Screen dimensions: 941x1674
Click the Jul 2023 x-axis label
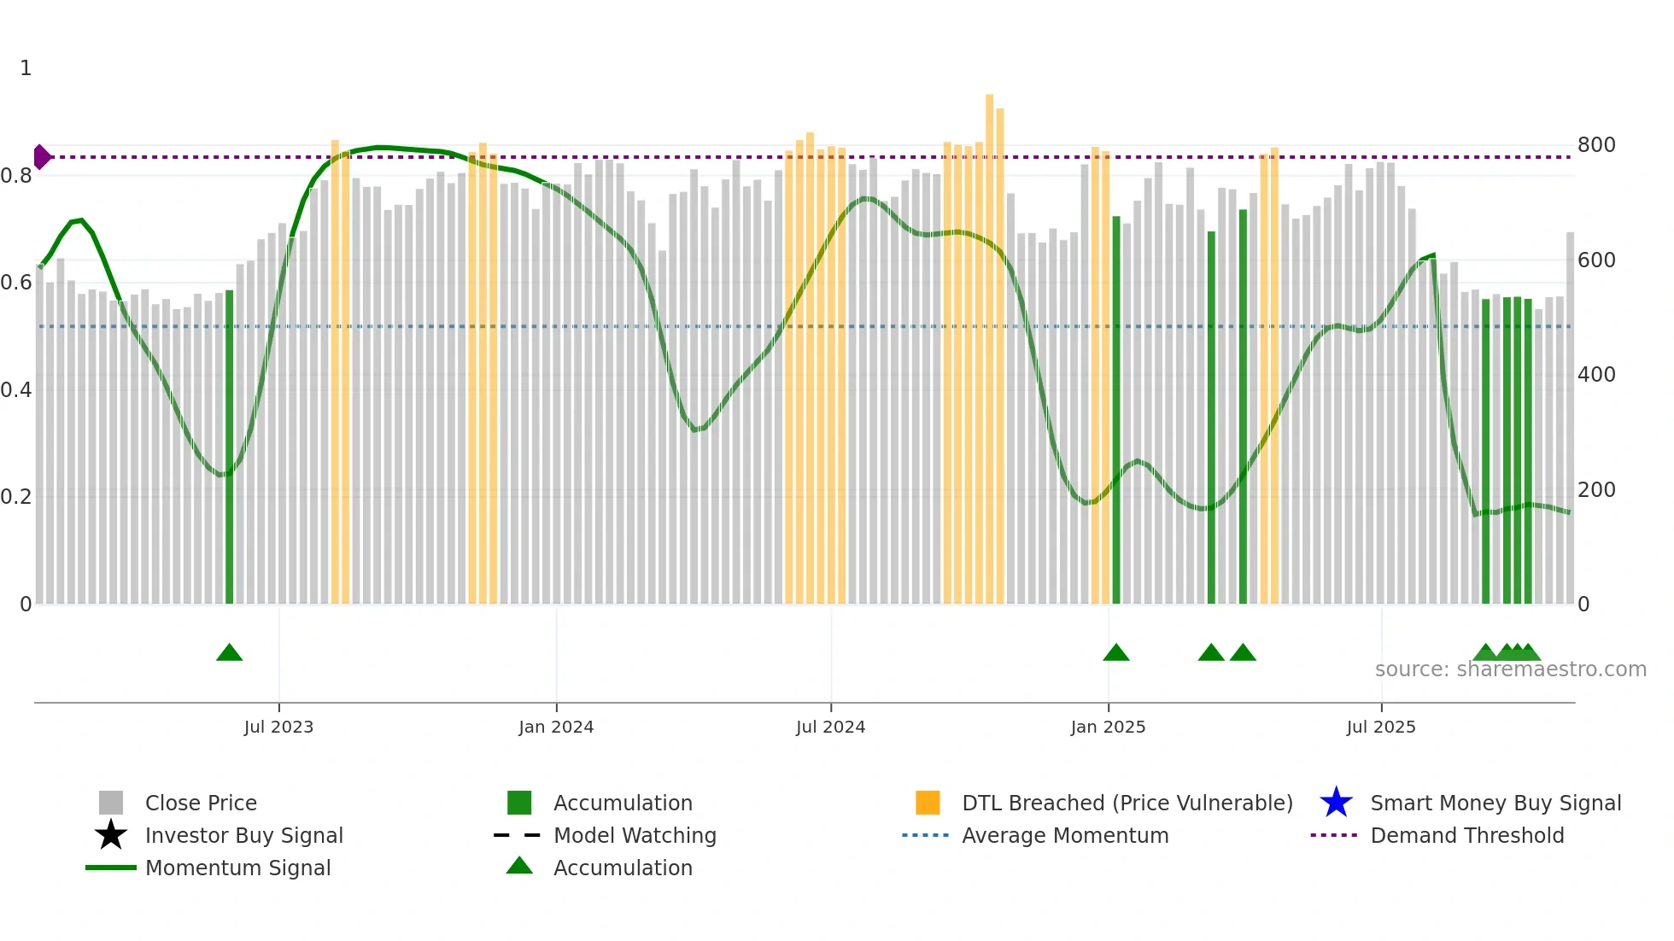[x=278, y=727]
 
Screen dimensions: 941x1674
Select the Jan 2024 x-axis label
[x=556, y=727]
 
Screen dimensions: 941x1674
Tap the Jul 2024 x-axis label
[x=830, y=727]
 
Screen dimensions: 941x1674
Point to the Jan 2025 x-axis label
[x=1108, y=727]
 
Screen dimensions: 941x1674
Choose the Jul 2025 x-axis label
[x=1381, y=727]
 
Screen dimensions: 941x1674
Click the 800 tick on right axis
[x=1596, y=145]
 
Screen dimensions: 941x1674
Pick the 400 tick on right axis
[x=1596, y=375]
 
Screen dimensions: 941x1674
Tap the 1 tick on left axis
[x=26, y=68]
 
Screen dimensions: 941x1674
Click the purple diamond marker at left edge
[x=41, y=157]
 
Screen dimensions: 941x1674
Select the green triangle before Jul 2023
[x=230, y=653]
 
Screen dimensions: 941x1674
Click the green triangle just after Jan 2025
[x=1116, y=653]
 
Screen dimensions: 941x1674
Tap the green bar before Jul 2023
[x=229, y=444]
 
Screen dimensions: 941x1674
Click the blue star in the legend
[x=1336, y=803]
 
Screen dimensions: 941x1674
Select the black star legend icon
[x=111, y=835]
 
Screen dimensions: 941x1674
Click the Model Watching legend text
[x=635, y=835]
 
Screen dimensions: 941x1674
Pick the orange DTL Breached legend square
[x=928, y=803]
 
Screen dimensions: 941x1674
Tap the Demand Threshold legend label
[x=1466, y=835]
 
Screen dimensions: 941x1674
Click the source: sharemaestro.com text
[x=1510, y=669]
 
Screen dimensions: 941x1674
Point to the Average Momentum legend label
[x=1065, y=835]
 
